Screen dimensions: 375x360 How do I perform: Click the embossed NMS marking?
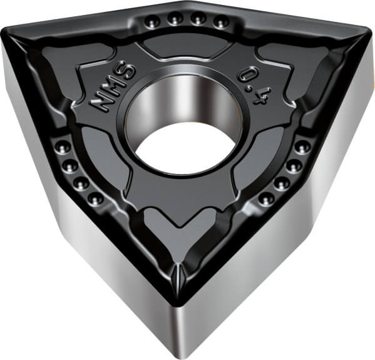pyautogui.click(x=112, y=87)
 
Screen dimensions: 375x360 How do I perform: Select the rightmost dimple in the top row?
pyautogui.click(x=221, y=21)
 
